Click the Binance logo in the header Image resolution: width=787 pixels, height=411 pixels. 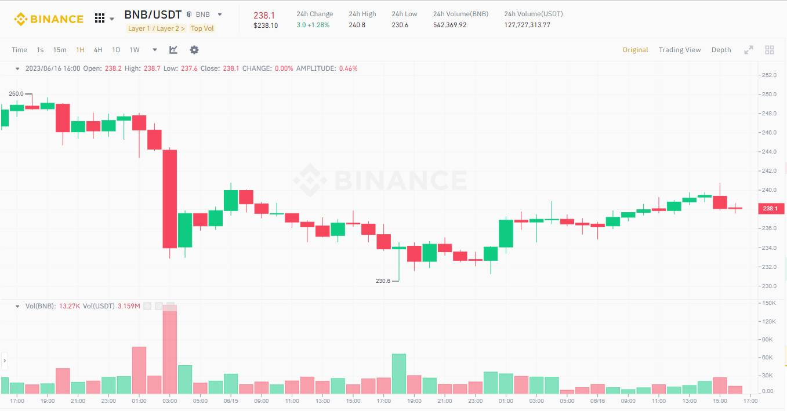pyautogui.click(x=49, y=19)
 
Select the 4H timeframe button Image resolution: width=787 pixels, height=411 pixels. pyautogui.click(x=98, y=50)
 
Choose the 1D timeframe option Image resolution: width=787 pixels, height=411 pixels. pyautogui.click(x=116, y=50)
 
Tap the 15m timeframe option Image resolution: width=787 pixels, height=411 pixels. pyautogui.click(x=60, y=50)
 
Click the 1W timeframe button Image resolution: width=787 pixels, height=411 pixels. pyautogui.click(x=135, y=50)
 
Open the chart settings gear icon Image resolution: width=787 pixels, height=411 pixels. pyautogui.click(x=194, y=50)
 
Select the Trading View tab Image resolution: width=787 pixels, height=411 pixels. pyautogui.click(x=680, y=50)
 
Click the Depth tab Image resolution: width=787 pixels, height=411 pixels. pyautogui.click(x=721, y=50)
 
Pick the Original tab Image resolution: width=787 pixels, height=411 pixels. pyautogui.click(x=635, y=50)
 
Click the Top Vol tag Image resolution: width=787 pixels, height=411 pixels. pyautogui.click(x=202, y=28)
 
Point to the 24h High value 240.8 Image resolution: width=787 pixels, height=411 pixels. pyautogui.click(x=357, y=25)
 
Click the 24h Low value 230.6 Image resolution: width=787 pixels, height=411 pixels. pyautogui.click(x=400, y=25)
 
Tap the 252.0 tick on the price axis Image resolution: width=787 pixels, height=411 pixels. pyautogui.click(x=768, y=75)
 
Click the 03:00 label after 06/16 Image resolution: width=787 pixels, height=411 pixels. pyautogui.click(x=536, y=401)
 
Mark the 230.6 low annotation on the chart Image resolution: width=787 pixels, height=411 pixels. pyautogui.click(x=383, y=281)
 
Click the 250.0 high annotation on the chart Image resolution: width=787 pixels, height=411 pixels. pyautogui.click(x=16, y=94)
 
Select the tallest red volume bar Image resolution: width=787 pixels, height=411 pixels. pyautogui.click(x=170, y=348)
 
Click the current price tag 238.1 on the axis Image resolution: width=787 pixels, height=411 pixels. pyautogui.click(x=770, y=209)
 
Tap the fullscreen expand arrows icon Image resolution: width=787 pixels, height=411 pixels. pyautogui.click(x=749, y=50)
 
